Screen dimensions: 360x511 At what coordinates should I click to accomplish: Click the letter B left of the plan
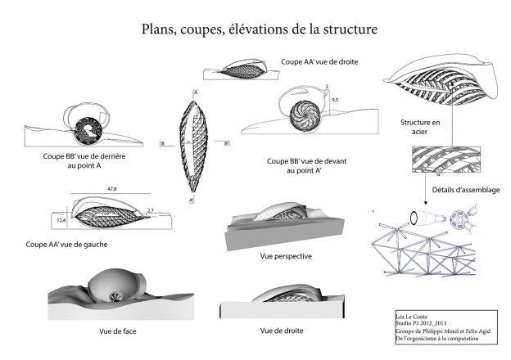(162, 142)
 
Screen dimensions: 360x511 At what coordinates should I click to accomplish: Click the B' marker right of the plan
(226, 142)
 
